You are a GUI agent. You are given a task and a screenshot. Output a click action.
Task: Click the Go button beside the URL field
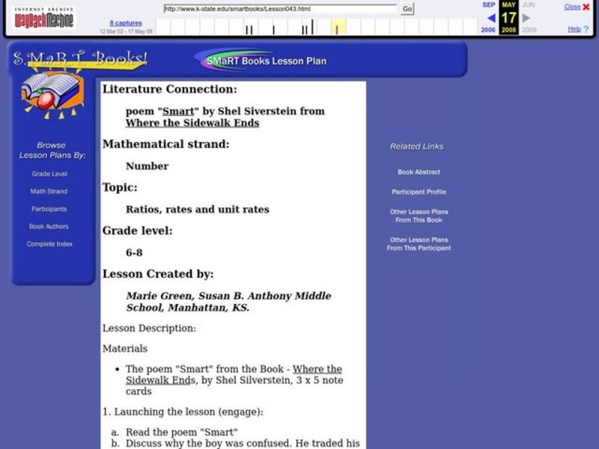[x=407, y=9]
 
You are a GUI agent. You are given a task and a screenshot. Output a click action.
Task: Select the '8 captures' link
[x=125, y=23]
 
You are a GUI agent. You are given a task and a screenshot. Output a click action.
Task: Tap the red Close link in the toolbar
[x=572, y=7]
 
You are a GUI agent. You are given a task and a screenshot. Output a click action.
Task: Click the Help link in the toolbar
[x=574, y=29]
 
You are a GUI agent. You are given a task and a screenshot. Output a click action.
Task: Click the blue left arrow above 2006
[x=491, y=18]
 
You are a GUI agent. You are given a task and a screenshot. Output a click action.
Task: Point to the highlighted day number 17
[x=508, y=18]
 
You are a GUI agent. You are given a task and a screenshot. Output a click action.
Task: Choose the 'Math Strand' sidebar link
[x=49, y=192]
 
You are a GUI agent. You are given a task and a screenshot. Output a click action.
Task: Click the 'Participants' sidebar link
[x=49, y=209]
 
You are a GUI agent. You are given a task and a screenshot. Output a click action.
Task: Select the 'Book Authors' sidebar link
[x=49, y=226]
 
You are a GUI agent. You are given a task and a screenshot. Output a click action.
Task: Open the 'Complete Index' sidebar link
[x=49, y=244]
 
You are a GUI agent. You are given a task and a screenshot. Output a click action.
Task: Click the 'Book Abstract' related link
[x=419, y=172]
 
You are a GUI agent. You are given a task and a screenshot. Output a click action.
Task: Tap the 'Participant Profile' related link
[x=419, y=192]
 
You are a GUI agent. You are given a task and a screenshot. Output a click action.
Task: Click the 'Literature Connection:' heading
[x=169, y=89]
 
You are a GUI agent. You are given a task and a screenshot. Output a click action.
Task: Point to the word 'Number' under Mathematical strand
[x=147, y=166]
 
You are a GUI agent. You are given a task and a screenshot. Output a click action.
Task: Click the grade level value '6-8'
[x=134, y=252]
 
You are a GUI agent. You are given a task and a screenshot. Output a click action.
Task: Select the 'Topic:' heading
[x=120, y=187]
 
